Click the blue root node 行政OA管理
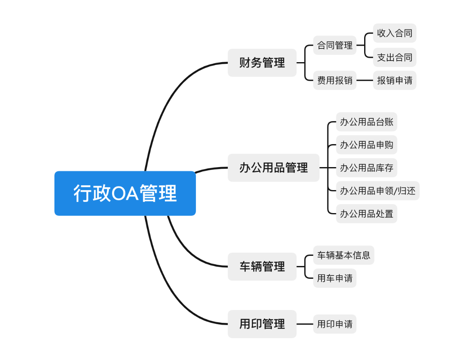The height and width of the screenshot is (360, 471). click(125, 193)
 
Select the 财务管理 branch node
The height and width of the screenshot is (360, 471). click(262, 63)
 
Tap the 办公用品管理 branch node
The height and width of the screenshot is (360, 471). click(273, 167)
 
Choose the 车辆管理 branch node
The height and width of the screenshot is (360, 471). click(262, 266)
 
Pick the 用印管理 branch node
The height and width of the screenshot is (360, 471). click(262, 324)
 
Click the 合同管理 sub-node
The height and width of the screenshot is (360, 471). click(335, 45)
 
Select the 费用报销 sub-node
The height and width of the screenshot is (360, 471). click(335, 80)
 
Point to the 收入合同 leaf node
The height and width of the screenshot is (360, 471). click(394, 33)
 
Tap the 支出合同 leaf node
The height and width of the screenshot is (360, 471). click(394, 57)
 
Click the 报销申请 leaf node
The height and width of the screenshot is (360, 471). click(394, 80)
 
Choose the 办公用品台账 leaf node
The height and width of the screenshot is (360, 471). click(367, 122)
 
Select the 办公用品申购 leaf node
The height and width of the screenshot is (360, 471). click(367, 145)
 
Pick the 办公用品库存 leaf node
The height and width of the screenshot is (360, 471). click(367, 168)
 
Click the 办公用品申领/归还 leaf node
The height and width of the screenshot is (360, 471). click(377, 191)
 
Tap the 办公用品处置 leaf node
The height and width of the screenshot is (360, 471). click(367, 214)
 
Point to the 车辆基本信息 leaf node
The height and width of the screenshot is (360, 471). click(344, 255)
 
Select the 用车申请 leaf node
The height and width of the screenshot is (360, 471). click(335, 278)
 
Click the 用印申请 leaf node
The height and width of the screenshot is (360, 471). click(335, 324)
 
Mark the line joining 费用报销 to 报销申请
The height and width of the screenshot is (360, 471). click(365, 80)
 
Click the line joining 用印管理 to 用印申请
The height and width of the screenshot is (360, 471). click(305, 324)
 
